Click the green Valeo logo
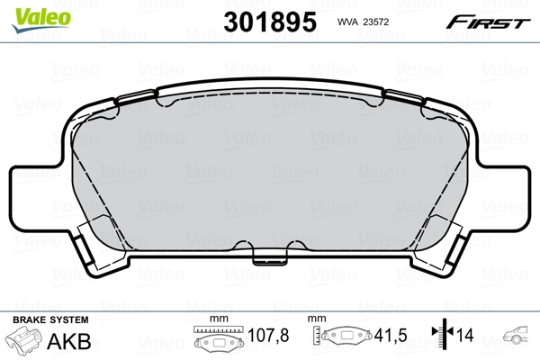[41, 20]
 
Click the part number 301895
[270, 22]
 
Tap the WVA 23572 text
[363, 22]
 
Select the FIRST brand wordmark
[488, 22]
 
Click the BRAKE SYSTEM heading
[50, 320]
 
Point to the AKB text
[69, 341]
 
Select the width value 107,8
[268, 335]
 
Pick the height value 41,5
[391, 335]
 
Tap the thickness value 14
[465, 335]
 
